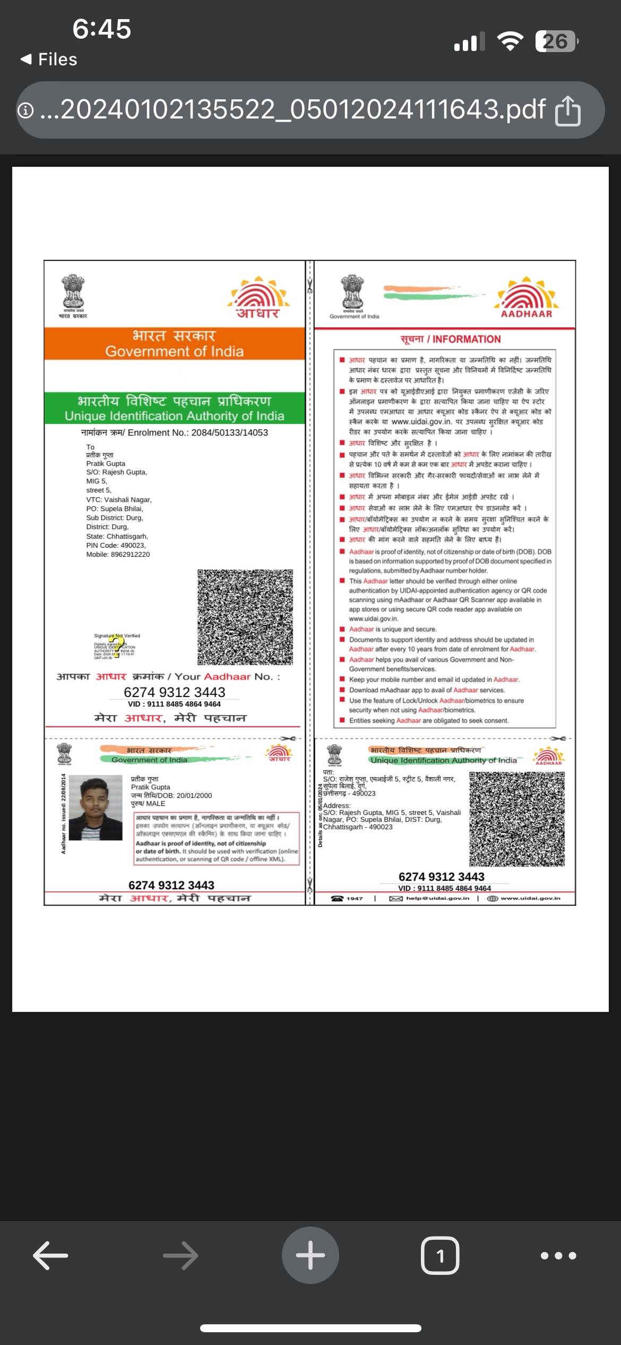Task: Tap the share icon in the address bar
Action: pos(567,110)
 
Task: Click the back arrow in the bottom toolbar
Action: pos(50,1255)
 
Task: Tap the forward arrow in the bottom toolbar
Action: pos(180,1255)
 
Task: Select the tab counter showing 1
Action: pos(440,1255)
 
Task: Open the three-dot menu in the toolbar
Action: pos(558,1256)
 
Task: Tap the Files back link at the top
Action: pos(49,59)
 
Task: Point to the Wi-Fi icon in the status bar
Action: pos(510,41)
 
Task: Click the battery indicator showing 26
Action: pos(556,41)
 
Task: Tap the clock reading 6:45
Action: pos(101,29)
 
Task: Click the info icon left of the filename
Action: pos(25,110)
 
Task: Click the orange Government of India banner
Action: pos(174,343)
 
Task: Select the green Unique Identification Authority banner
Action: pos(174,408)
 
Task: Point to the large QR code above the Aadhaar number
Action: pos(245,617)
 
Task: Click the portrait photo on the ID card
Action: pos(96,807)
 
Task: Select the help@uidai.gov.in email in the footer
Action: pos(437,898)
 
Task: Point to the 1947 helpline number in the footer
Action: pos(355,898)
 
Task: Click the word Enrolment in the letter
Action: pos(149,432)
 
